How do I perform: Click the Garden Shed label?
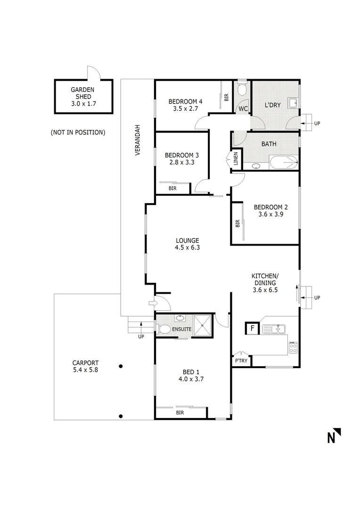coord(83,90)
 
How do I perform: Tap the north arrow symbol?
coord(334,435)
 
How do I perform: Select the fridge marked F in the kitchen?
coord(252,328)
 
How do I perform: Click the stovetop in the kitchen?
coord(293,348)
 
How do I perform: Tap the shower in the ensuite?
coord(204,325)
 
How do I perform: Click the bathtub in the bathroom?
coord(284,163)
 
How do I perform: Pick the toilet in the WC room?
coord(242,90)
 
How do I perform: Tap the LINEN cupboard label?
coord(236,159)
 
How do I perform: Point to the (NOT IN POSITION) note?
coord(78,132)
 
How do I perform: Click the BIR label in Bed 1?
coord(180,412)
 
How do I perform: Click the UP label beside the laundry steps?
coord(317,123)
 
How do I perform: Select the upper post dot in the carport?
coord(121,366)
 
